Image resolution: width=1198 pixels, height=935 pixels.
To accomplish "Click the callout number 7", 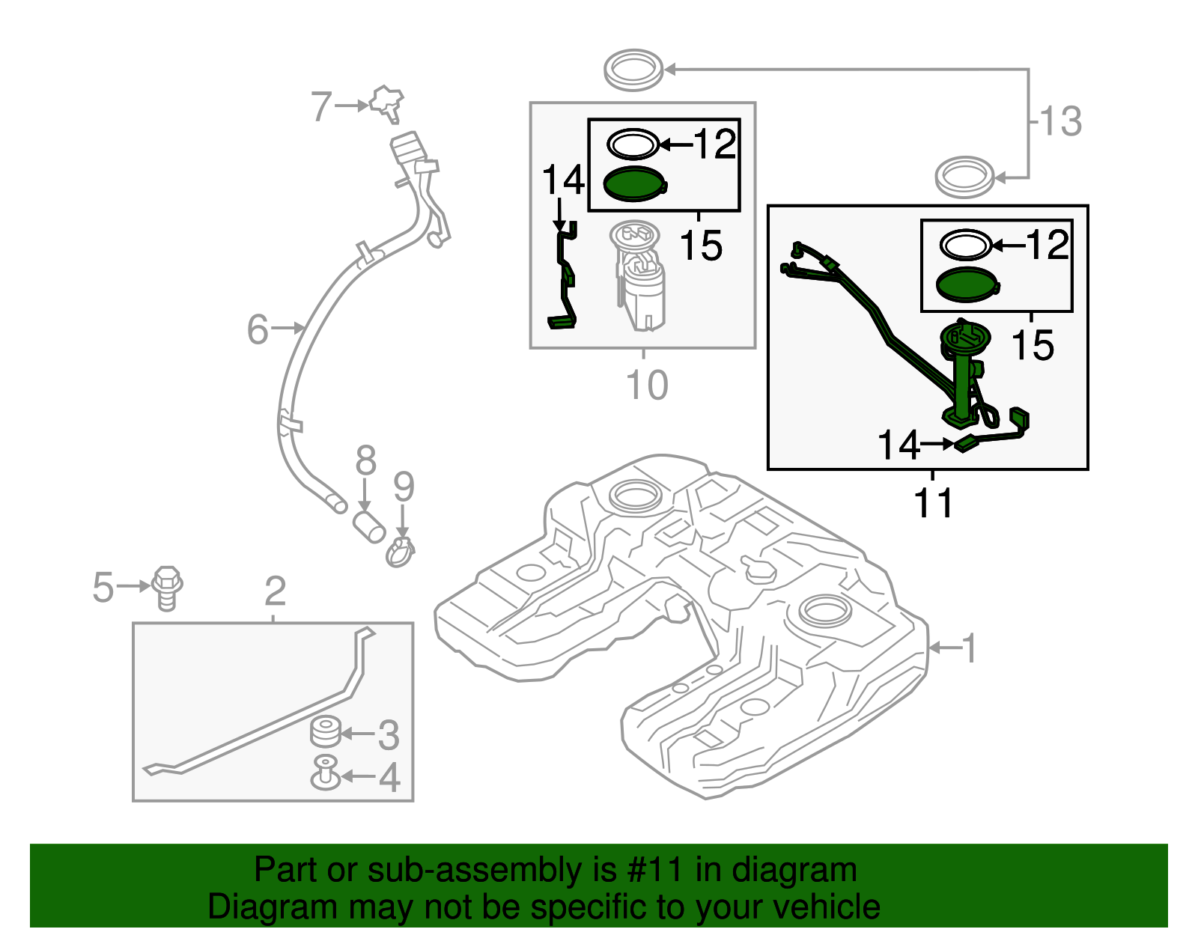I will point(321,106).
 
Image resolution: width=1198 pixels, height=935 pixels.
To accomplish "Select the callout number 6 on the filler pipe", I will point(258,329).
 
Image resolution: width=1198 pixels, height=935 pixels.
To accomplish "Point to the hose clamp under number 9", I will point(401,553).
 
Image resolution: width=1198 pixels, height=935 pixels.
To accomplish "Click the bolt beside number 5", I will point(167,588).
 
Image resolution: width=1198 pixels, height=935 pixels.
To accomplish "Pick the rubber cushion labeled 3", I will point(326,732).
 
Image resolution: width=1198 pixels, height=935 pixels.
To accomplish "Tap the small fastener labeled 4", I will point(326,773).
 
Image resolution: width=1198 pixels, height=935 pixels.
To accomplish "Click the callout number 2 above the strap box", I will point(275,591).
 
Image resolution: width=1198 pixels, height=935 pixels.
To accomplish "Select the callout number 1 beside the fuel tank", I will point(969,648).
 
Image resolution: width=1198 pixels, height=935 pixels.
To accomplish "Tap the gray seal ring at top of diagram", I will point(633,70).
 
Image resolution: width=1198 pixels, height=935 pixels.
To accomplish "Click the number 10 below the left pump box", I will point(646,386).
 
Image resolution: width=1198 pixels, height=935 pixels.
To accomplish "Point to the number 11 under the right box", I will point(933,503).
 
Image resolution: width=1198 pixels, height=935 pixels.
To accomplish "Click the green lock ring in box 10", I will point(633,184).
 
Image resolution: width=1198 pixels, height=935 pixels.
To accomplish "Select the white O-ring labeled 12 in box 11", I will point(966,245).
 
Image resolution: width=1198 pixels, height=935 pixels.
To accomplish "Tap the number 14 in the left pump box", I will point(563,180).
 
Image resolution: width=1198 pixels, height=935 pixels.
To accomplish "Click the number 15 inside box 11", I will point(1033,346).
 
